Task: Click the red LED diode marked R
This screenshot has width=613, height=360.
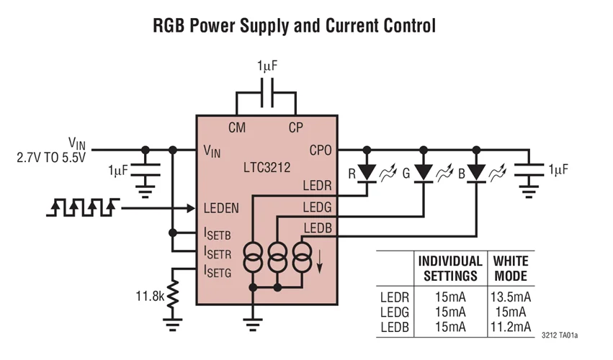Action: (367, 173)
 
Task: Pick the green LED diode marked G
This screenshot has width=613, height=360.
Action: (422, 173)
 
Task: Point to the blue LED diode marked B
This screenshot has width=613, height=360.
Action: (476, 173)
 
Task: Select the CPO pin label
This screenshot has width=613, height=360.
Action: (319, 150)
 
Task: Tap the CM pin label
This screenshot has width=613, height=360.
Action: (236, 128)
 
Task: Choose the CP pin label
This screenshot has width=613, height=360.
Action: (295, 128)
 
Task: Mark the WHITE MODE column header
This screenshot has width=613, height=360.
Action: (510, 268)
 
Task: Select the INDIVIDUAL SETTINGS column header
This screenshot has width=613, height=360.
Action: (450, 268)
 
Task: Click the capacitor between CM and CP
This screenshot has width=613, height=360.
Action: (266, 93)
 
